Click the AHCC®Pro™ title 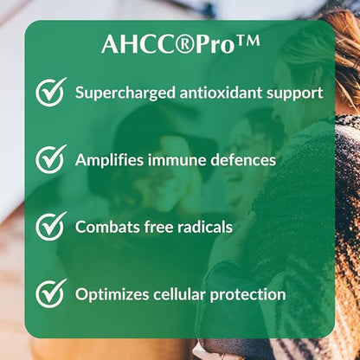coord(180,44)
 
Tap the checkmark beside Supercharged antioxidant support coord(51,92)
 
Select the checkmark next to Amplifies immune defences coord(51,159)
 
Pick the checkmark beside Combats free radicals coord(51,227)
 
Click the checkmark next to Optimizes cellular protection coord(51,294)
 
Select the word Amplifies coord(110,160)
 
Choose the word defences coord(244,159)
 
